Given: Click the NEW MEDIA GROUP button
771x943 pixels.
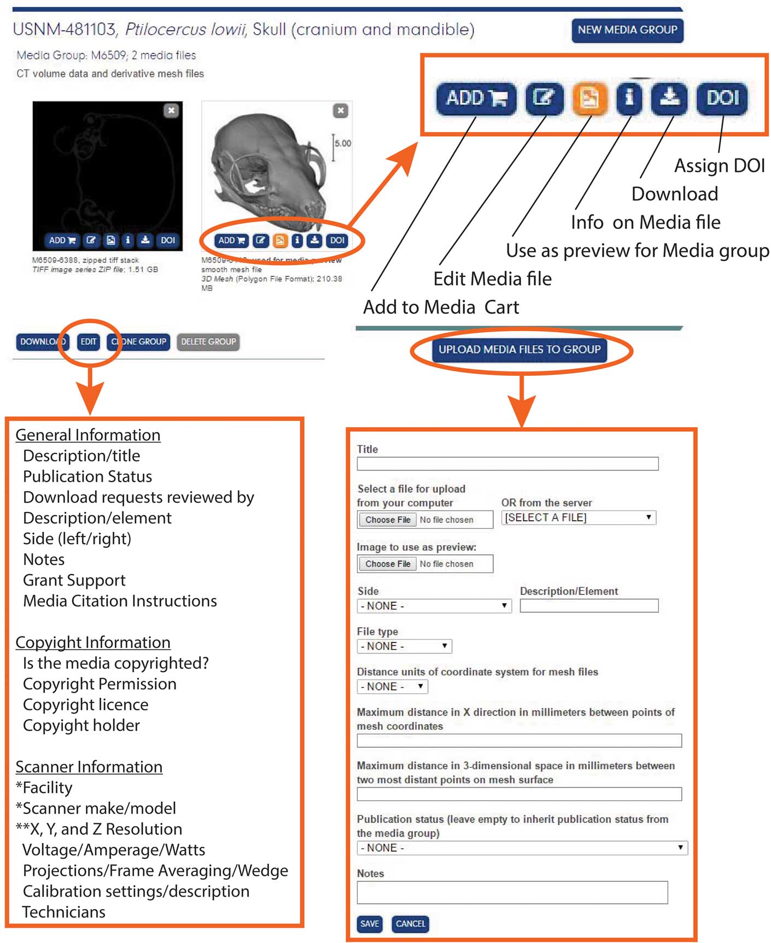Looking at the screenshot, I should click(x=627, y=30).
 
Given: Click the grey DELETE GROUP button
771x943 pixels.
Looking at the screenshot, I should click(x=208, y=342).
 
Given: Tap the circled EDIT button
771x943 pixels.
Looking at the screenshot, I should click(x=89, y=342).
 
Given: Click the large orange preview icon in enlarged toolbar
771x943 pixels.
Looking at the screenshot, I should click(x=589, y=98).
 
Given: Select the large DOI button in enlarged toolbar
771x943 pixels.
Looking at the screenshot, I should click(x=722, y=98).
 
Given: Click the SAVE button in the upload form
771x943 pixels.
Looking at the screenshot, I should click(x=370, y=924).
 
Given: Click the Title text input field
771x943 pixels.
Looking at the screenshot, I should click(x=507, y=464).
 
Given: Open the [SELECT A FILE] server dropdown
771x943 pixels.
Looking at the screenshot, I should click(x=579, y=518).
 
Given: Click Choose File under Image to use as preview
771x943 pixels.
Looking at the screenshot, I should click(x=388, y=564).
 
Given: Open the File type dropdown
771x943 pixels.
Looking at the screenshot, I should click(x=404, y=646).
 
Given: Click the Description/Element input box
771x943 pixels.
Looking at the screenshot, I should click(x=589, y=606).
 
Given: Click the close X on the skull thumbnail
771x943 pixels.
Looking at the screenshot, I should click(x=341, y=111).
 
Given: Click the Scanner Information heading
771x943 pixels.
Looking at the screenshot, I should click(x=89, y=767).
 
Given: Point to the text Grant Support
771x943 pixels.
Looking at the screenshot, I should click(x=74, y=580).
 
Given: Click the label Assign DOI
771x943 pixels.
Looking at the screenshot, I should click(x=719, y=166).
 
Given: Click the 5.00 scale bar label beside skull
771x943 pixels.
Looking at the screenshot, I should click(x=343, y=144).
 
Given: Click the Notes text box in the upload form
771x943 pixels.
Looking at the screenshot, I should click(x=512, y=893).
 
